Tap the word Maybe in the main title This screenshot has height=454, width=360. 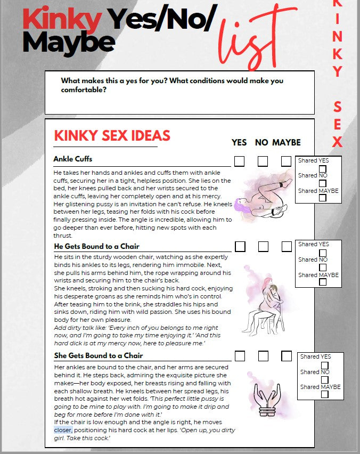coord(69,42)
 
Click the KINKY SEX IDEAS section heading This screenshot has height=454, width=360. coord(112,135)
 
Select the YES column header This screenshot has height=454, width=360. coord(239,142)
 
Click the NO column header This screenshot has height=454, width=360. coord(261,142)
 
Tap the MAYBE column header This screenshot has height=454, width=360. coord(287,142)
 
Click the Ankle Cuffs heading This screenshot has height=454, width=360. coord(73,159)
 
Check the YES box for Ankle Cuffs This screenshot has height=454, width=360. coord(240,161)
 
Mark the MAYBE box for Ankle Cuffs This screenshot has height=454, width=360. coord(287,161)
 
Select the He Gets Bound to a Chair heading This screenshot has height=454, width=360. coord(96,246)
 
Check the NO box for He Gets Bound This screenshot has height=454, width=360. coord(263,246)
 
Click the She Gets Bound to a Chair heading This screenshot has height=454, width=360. coord(98,355)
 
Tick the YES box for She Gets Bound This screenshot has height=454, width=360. coord(240,355)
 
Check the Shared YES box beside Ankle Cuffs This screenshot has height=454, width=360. coord(322,169)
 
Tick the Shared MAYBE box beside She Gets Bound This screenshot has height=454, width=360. coord(324,395)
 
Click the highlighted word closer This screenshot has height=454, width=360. coord(63,430)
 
